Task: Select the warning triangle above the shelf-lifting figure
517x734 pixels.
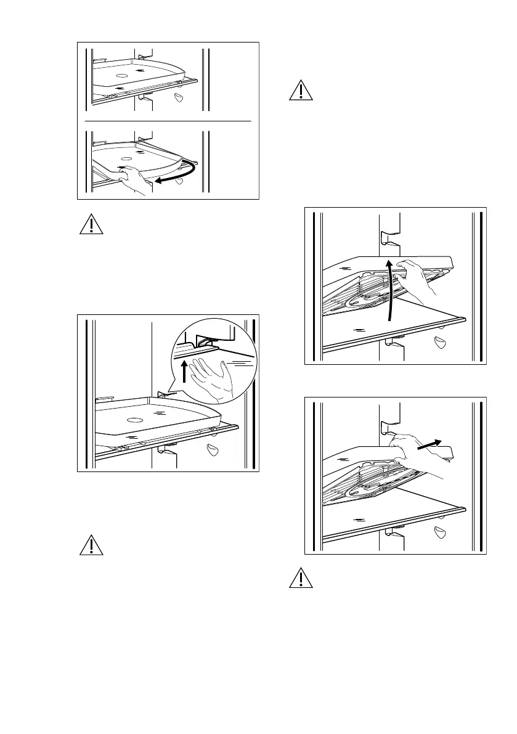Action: (x=300, y=90)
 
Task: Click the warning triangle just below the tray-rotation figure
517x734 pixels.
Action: (x=90, y=224)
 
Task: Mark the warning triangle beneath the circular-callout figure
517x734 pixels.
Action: (x=90, y=545)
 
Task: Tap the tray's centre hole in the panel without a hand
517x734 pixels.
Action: (x=121, y=76)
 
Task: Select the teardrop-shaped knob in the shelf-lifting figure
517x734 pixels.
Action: (x=440, y=343)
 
